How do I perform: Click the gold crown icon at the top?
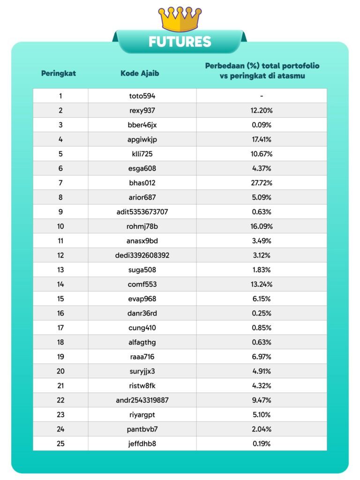coord(180,19)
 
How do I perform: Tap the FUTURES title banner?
coord(180,42)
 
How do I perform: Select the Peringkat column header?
coord(59,73)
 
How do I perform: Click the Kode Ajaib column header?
coord(140,73)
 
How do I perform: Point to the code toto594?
coord(142,96)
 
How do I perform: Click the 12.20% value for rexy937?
coord(261,110)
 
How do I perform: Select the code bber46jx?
coord(142,125)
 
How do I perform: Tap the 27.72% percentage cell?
coord(261,183)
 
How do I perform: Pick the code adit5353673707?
coord(142,212)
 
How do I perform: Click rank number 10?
coord(60,226)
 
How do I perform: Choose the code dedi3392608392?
coord(142,255)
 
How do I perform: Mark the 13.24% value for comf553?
coord(261,285)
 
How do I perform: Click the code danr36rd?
coord(142,313)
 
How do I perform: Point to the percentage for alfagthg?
coord(261,342)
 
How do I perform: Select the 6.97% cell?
coord(261,357)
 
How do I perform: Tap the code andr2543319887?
coord(142,400)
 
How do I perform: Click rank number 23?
coord(60,415)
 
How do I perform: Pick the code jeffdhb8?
coord(142,443)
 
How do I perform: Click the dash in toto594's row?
coord(261,96)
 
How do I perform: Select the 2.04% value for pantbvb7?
coord(261,429)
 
